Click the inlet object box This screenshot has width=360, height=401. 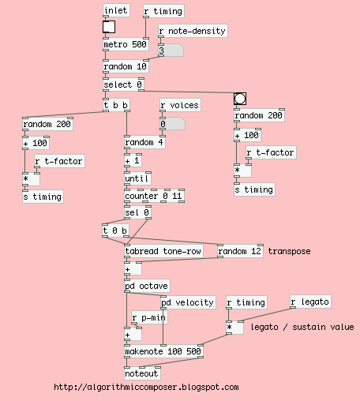[116, 10]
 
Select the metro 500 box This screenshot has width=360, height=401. [126, 44]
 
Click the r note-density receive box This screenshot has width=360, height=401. [193, 31]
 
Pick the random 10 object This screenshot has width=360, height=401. [126, 67]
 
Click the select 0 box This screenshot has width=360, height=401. [123, 84]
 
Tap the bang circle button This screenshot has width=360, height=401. [240, 99]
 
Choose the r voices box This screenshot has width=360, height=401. [179, 104]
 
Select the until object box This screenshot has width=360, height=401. [136, 178]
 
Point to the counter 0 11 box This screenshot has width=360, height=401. [153, 196]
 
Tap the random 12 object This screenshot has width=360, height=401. [239, 251]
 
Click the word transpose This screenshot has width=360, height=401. [290, 251]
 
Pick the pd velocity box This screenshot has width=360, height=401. [188, 302]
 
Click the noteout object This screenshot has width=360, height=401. [142, 373]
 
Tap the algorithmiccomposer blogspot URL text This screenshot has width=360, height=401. [146, 388]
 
